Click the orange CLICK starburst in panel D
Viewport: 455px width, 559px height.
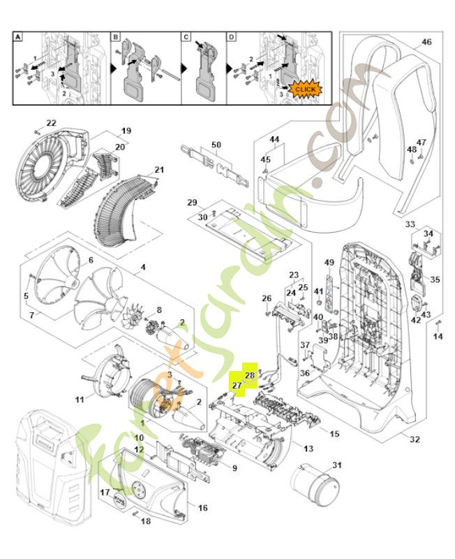click(x=305, y=89)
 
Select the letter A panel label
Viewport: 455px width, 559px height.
click(x=19, y=36)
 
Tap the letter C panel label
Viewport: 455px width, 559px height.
click(x=186, y=36)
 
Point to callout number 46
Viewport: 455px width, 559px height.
click(x=426, y=43)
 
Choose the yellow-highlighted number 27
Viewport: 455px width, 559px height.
click(x=237, y=385)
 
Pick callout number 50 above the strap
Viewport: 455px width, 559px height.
click(x=216, y=145)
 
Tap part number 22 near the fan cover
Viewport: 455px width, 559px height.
click(x=51, y=123)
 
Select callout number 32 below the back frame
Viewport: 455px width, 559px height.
click(x=415, y=440)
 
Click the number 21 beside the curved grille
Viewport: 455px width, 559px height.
click(x=159, y=170)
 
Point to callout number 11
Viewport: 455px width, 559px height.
click(x=80, y=399)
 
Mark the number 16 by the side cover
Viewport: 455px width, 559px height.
click(x=202, y=508)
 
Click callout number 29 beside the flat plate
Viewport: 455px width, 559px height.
click(x=192, y=202)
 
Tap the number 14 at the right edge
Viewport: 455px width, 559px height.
click(x=438, y=337)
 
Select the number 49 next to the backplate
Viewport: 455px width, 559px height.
click(x=330, y=262)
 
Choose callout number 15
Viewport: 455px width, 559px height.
click(x=334, y=434)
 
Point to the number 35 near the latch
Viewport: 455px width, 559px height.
click(x=435, y=279)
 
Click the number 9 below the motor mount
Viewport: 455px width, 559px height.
click(x=234, y=468)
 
